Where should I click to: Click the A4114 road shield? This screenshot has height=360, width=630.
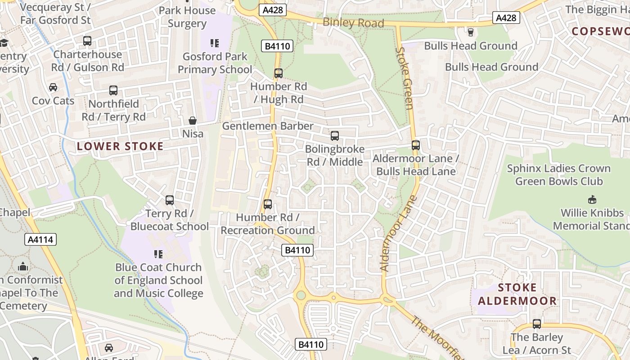click(x=41, y=239)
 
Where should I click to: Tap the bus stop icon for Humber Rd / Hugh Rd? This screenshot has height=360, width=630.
click(x=279, y=73)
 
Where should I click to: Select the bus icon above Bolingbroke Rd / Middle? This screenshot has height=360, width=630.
click(x=334, y=135)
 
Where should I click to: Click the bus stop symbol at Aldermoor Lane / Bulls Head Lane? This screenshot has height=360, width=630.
click(x=416, y=145)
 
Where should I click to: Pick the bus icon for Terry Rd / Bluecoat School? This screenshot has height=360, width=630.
click(x=170, y=200)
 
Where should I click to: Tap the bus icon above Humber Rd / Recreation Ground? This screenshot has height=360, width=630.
click(x=268, y=204)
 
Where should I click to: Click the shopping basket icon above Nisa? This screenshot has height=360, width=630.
click(x=193, y=121)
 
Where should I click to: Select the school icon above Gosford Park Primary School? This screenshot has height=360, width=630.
click(x=215, y=43)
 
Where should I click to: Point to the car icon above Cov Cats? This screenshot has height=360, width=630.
click(x=53, y=87)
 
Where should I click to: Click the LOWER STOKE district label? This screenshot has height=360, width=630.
click(x=120, y=146)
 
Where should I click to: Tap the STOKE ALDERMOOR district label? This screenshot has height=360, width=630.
click(x=517, y=294)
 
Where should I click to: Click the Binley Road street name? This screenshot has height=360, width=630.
click(x=353, y=22)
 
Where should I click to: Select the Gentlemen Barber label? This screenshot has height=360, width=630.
click(x=268, y=126)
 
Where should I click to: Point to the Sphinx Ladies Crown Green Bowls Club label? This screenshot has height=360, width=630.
click(x=558, y=175)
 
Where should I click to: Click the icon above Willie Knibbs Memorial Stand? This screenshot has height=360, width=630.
click(x=592, y=199)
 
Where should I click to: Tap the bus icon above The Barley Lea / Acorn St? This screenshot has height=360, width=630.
click(x=536, y=324)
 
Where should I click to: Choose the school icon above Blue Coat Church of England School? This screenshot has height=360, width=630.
click(x=158, y=254)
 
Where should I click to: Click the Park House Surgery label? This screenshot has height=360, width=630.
click(x=187, y=17)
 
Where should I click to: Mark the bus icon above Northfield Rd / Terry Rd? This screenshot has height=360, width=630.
click(x=113, y=90)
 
